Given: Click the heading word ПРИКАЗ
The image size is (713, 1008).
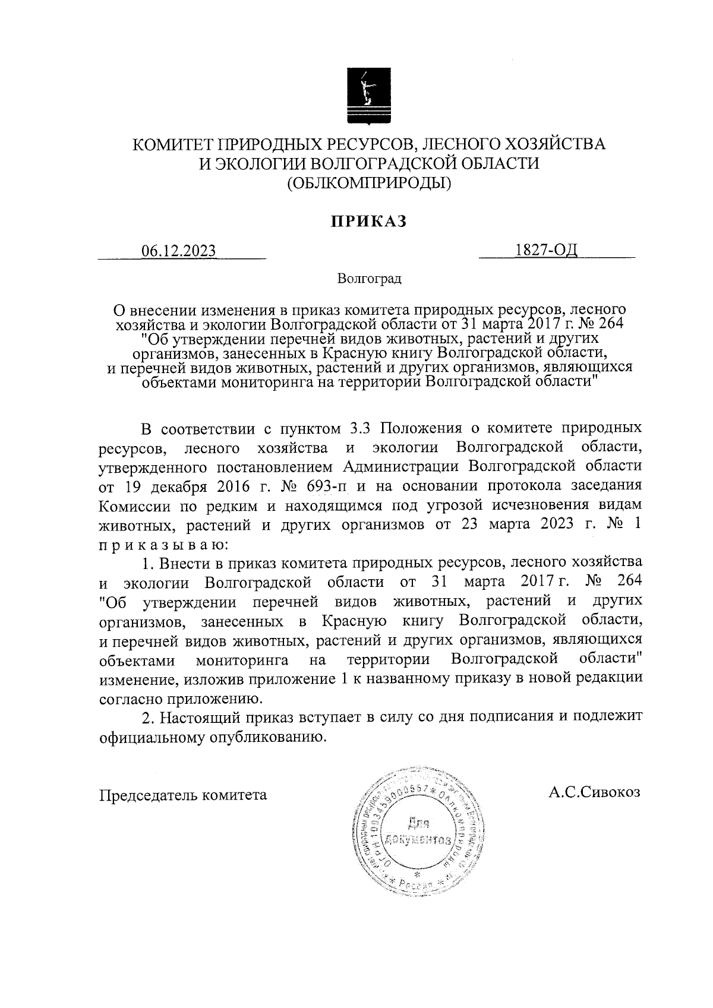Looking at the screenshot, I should pyautogui.click(x=368, y=221).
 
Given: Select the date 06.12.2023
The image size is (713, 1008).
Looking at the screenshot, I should pyautogui.click(x=178, y=251).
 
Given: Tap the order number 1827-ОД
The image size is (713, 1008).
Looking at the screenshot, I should pyautogui.click(x=547, y=251).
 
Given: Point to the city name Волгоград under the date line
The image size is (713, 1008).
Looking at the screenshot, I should pyautogui.click(x=369, y=278).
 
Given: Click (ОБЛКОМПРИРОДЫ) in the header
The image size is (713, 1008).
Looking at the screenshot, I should pyautogui.click(x=369, y=184).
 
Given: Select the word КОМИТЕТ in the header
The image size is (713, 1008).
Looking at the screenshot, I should pyautogui.click(x=172, y=144).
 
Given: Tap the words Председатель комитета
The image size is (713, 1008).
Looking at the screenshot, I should pyautogui.click(x=183, y=795).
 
